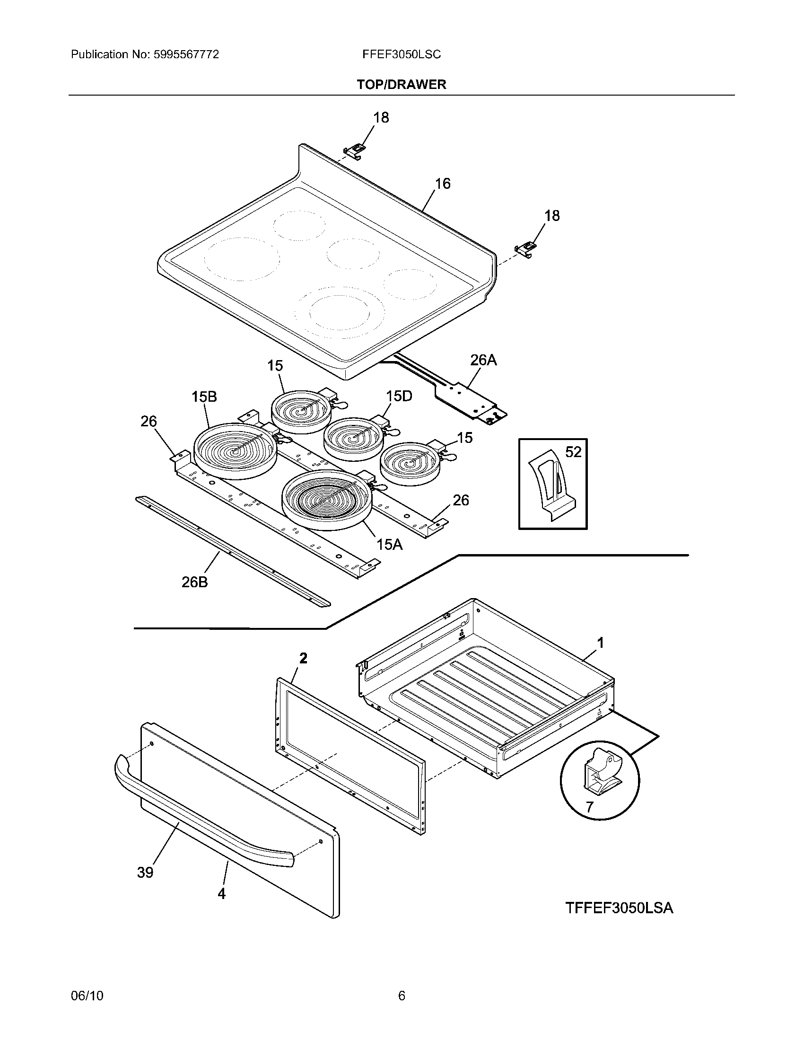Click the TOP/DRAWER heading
[402, 85]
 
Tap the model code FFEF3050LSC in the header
[402, 55]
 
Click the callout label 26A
[483, 361]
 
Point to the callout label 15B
[204, 397]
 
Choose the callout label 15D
[399, 396]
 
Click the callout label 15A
[390, 544]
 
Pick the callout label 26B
[195, 582]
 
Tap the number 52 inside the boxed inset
[573, 452]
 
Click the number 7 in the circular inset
[590, 807]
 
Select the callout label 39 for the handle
[145, 872]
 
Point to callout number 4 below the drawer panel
[221, 894]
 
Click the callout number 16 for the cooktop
[443, 184]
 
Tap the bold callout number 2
[303, 658]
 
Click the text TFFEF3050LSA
[619, 908]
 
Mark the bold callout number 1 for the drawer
[601, 643]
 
